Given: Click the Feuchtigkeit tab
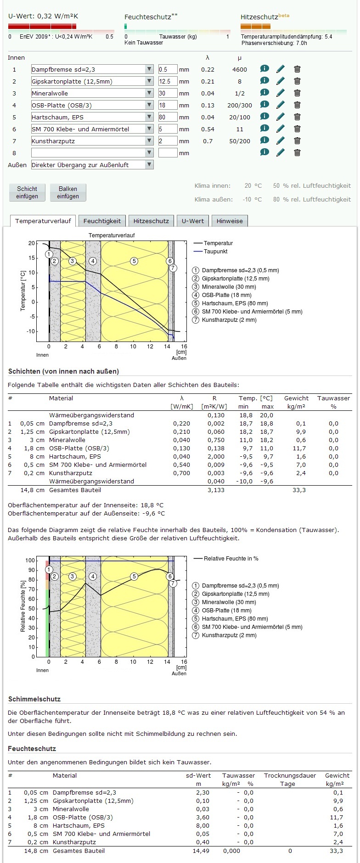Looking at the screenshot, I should tap(102, 221).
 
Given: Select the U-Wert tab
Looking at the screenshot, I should tap(192, 221).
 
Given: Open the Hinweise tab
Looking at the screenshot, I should tap(230, 221).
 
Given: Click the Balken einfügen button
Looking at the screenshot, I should tap(67, 192).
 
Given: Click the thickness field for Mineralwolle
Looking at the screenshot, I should tap(168, 93).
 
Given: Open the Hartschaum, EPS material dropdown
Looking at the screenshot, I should tap(92, 117).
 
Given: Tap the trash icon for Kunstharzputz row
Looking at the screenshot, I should tap(297, 140).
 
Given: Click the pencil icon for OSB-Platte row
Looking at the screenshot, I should tap(281, 105).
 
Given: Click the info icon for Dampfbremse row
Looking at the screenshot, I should tap(264, 69).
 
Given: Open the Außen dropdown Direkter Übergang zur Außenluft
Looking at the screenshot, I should tap(92, 165).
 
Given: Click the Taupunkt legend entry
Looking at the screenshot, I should tap(215, 252).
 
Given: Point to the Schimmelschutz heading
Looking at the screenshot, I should tap(34, 699).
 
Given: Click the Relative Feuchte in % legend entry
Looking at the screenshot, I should tap(231, 559).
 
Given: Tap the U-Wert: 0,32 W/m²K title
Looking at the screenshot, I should tap(43, 16).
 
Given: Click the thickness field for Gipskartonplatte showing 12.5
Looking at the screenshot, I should tap(168, 81).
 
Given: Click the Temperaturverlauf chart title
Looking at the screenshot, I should tap(112, 235).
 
